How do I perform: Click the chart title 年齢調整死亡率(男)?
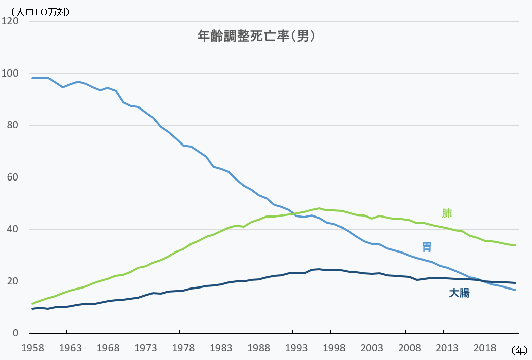(x=256, y=36)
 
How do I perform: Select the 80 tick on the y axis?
(x=13, y=125)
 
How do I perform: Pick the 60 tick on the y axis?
(x=13, y=177)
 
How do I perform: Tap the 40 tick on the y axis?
(x=13, y=229)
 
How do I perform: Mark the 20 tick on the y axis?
(x=13, y=281)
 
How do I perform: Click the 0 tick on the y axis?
(x=16, y=333)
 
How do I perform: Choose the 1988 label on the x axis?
(x=259, y=348)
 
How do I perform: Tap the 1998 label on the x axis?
(x=334, y=348)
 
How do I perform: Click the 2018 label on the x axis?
(x=485, y=348)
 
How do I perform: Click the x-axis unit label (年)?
(x=519, y=350)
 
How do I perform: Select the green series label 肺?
(x=447, y=213)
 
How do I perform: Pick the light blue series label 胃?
(x=427, y=247)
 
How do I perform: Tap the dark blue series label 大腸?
(x=459, y=293)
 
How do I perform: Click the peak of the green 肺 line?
(x=319, y=208)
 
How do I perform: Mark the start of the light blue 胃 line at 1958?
(x=33, y=78)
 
